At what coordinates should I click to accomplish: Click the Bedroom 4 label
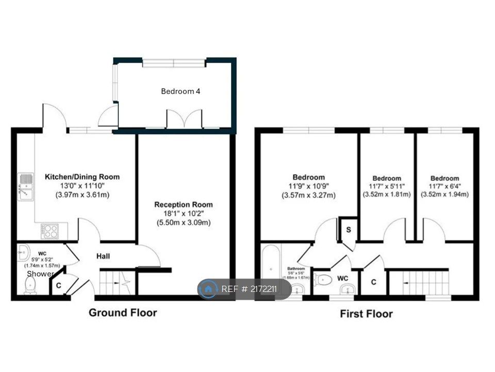point(180,91)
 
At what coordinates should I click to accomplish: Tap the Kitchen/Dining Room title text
point(82,177)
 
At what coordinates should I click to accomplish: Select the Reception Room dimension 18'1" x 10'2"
point(184,214)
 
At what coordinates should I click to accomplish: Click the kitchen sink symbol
point(25,187)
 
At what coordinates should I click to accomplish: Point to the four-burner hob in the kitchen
point(50,230)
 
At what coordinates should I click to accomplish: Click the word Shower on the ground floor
point(40,273)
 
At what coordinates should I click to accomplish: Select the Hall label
point(103,256)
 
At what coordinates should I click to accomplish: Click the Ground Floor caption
point(123,313)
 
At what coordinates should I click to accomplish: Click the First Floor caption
point(366,314)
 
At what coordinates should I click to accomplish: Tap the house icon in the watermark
point(209,289)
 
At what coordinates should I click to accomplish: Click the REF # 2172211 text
point(249,289)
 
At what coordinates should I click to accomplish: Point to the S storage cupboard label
point(349,229)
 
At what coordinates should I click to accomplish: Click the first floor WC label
point(343,278)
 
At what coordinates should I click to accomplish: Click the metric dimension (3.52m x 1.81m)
point(387,195)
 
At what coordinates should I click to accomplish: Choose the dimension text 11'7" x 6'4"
point(444,187)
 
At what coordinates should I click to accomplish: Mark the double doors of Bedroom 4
point(184,119)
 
